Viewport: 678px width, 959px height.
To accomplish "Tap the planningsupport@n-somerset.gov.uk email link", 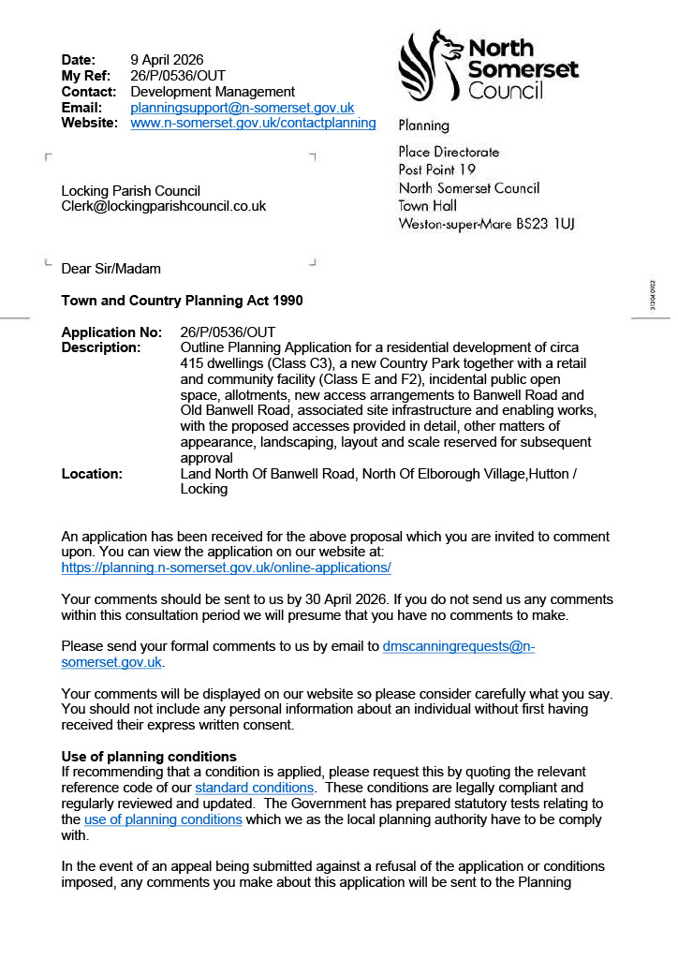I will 242,108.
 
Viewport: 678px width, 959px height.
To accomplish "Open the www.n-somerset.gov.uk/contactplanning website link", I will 253,123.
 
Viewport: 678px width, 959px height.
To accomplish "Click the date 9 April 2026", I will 167,61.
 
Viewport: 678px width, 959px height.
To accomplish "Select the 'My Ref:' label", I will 86,76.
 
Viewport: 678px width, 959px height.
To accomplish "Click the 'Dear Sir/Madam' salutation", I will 111,269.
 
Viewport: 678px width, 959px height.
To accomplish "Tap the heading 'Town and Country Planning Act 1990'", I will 182,301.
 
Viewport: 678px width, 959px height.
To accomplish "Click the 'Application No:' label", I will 111,332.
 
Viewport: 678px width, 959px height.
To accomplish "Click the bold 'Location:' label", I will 92,474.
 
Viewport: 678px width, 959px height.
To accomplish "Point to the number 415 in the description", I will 192,363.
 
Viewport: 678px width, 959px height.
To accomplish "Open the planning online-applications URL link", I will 226,568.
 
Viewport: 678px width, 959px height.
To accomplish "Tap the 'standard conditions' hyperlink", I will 254,788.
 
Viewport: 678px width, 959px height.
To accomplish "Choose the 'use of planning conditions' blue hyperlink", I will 163,819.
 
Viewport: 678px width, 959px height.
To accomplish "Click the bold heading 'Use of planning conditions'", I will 149,757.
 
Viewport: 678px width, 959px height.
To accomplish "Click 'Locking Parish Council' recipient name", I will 130,191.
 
